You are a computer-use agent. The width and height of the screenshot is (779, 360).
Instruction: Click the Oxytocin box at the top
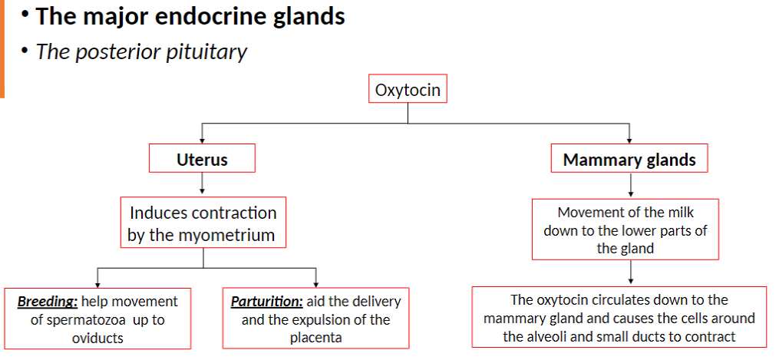408,91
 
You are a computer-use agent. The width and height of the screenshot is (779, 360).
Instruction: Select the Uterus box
202,160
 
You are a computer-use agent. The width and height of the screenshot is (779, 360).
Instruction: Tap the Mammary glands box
629,160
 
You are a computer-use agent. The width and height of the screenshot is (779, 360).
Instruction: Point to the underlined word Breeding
47,302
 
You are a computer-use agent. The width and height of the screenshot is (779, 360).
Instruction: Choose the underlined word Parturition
266,302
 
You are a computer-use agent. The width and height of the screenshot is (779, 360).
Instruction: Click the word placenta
315,337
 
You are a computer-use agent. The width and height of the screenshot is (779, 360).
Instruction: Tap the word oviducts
97,337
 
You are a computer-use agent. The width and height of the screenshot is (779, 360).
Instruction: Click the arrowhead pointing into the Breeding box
97,283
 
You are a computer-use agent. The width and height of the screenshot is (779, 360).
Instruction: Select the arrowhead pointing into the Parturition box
315,283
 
